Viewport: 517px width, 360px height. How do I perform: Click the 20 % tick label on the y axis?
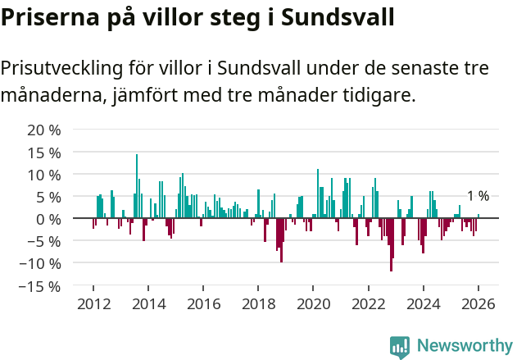pyautogui.click(x=44, y=130)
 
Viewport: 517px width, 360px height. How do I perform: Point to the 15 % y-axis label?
pyautogui.click(x=44, y=153)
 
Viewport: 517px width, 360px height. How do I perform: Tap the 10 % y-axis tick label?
pyautogui.click(x=44, y=175)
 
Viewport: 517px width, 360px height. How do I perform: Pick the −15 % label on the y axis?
pyautogui.click(x=40, y=286)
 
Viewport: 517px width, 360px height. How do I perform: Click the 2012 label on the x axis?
pyautogui.click(x=93, y=303)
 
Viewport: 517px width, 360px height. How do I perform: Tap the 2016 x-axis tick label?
pyautogui.click(x=203, y=303)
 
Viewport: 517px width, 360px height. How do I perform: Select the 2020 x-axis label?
pyautogui.click(x=313, y=303)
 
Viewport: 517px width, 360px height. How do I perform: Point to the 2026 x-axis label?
pyautogui.click(x=478, y=303)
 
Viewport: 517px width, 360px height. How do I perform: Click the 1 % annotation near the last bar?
pyautogui.click(x=478, y=196)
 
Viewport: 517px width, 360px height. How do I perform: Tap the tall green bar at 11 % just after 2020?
pyautogui.click(x=318, y=194)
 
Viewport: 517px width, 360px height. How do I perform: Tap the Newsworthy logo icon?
pyautogui.click(x=400, y=347)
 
